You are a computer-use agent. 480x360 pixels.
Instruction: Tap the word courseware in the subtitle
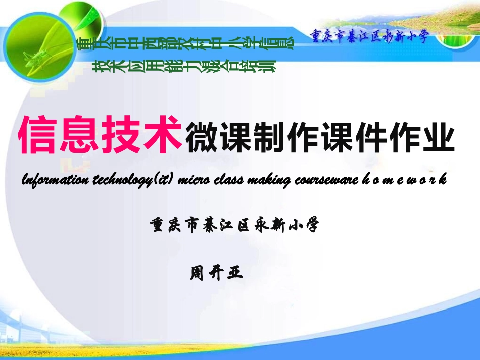click(323, 180)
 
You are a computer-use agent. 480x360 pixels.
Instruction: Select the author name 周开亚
click(217, 273)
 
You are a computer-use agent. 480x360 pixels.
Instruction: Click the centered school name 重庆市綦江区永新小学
click(235, 225)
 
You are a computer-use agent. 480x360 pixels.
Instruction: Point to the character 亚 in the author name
click(236, 273)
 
